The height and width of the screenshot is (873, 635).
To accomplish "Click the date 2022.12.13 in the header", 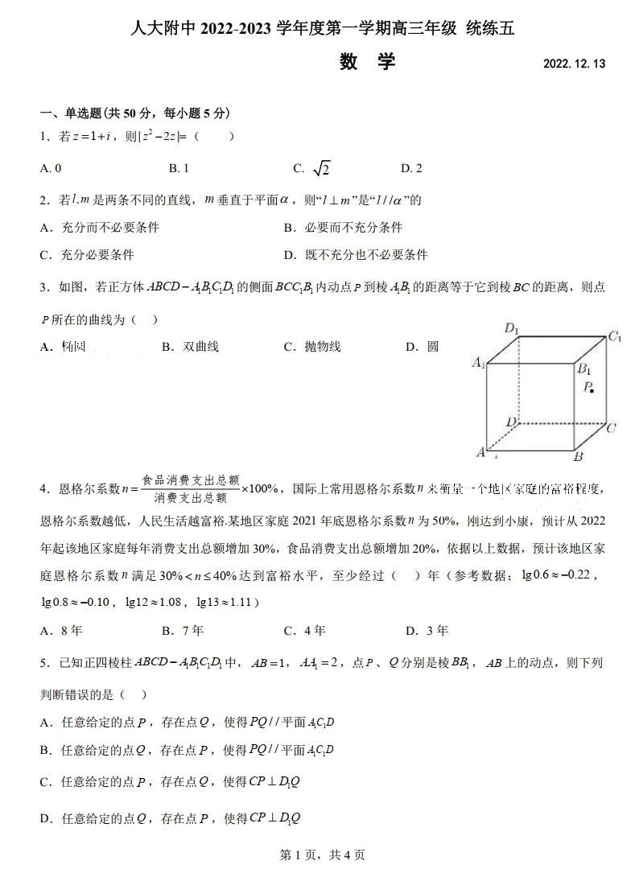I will tap(574, 64).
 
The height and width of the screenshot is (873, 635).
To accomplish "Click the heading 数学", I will tap(367, 61).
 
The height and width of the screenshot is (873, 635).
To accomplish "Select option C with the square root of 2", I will tap(313, 168).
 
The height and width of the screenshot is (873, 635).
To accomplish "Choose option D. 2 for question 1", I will tap(411, 168).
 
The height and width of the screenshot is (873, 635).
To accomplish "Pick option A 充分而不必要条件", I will tap(100, 228).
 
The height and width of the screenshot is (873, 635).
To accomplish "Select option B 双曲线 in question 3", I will tap(191, 347).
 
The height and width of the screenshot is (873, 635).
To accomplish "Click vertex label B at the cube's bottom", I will tap(578, 457).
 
